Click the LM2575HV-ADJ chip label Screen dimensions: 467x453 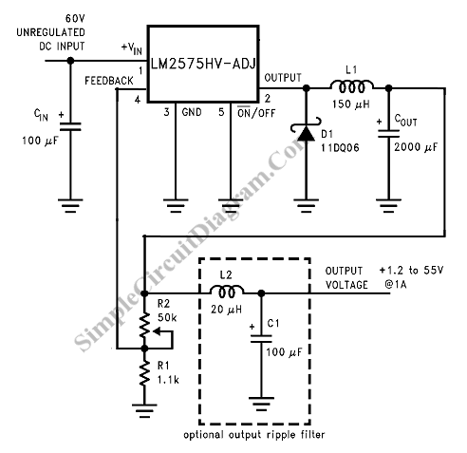click(203, 64)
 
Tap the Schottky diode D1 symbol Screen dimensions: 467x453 click(306, 130)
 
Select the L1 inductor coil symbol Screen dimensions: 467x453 click(351, 86)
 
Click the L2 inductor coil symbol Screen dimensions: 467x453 click(227, 292)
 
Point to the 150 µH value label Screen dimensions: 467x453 click(351, 104)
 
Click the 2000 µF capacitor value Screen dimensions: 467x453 click(416, 147)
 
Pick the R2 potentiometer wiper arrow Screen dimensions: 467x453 click(163, 339)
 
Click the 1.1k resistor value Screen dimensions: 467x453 click(168, 380)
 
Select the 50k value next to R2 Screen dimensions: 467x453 click(167, 317)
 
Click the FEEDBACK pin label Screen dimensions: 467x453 click(109, 81)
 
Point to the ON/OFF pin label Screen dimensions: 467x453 click(256, 113)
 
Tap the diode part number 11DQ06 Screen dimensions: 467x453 click(340, 148)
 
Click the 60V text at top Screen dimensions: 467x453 click(75, 19)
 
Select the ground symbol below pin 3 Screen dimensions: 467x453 click(176, 205)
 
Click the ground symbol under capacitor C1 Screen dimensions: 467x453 click(261, 404)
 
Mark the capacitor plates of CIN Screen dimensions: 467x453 click(70, 126)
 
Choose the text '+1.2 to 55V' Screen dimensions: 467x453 click(411, 270)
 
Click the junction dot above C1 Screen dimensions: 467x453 click(261, 293)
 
